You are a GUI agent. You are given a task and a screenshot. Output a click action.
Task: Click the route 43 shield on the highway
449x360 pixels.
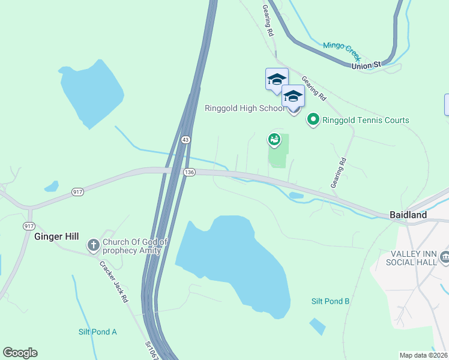[186, 139]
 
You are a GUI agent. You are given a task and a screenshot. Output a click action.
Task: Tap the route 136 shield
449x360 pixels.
[190, 172]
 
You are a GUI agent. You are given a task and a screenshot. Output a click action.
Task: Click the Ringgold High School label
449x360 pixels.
[244, 109]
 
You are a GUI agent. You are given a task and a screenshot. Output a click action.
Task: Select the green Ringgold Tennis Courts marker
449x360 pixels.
[313, 120]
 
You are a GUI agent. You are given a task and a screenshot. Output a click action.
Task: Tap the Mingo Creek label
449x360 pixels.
[341, 50]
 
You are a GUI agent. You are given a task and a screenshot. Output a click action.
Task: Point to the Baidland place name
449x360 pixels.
[408, 215]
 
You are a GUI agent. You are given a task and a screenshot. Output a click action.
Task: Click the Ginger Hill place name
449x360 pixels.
[56, 236]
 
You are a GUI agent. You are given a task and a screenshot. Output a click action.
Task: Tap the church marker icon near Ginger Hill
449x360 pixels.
[93, 245]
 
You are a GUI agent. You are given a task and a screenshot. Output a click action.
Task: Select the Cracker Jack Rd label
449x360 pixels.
[114, 281]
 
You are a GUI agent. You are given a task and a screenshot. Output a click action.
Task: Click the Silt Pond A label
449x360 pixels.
[98, 332]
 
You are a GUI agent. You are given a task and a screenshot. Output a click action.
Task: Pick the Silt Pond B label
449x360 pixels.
[330, 301]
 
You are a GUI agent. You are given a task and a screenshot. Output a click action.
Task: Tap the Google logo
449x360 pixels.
[20, 352]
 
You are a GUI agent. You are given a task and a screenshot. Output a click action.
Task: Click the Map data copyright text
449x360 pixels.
[423, 355]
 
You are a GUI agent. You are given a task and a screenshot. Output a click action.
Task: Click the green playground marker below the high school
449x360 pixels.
[274, 140]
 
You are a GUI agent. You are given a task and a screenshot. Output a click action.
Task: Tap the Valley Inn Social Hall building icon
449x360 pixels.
[445, 258]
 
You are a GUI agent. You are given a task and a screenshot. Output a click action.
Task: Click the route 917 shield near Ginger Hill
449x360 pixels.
[29, 226]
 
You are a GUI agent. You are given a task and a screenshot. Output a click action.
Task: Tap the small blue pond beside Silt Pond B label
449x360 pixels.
[318, 326]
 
